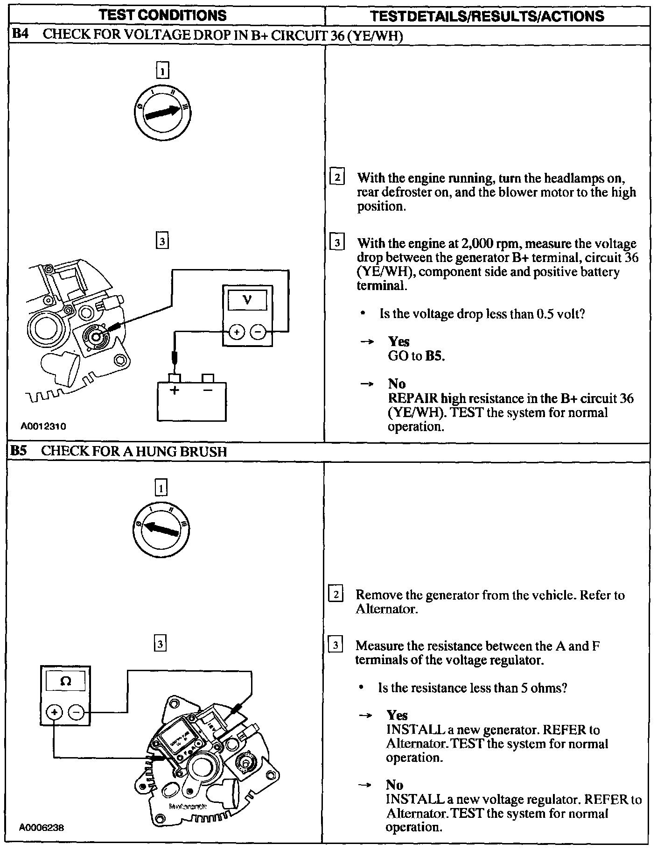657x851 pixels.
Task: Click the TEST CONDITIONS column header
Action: click(x=163, y=15)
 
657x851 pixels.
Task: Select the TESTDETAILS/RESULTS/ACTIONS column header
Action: click(x=487, y=16)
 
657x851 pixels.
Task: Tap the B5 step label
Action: click(x=20, y=451)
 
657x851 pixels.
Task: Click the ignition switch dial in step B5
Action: click(x=161, y=529)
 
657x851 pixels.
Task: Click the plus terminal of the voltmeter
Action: click(x=237, y=332)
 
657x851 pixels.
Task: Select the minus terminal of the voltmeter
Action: click(x=258, y=332)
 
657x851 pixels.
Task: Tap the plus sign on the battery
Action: click(x=175, y=390)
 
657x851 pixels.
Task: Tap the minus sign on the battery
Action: click(x=208, y=390)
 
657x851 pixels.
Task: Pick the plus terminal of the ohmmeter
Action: click(x=55, y=712)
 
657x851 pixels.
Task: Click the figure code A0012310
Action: click(x=43, y=426)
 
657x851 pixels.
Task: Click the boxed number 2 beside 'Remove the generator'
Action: click(x=336, y=595)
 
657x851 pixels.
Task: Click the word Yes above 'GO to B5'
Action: click(x=398, y=341)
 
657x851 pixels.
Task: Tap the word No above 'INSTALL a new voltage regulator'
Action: click(x=395, y=785)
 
